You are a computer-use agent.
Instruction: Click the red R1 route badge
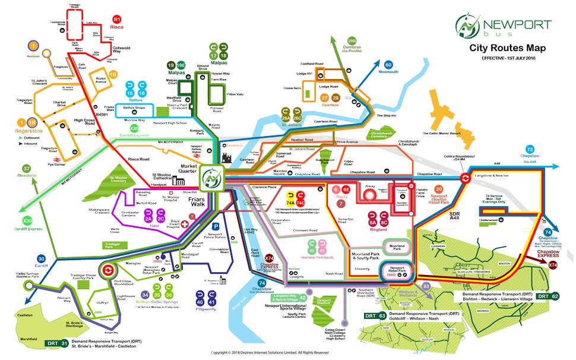point(117,20)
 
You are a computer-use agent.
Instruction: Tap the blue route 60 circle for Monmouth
point(388,65)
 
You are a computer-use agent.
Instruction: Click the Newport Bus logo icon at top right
point(469,26)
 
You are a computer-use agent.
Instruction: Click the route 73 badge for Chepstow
point(530,149)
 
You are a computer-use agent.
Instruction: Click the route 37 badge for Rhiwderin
point(27,169)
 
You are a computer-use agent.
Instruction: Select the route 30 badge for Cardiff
point(41,258)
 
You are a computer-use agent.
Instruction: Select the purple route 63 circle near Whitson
point(425,286)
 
